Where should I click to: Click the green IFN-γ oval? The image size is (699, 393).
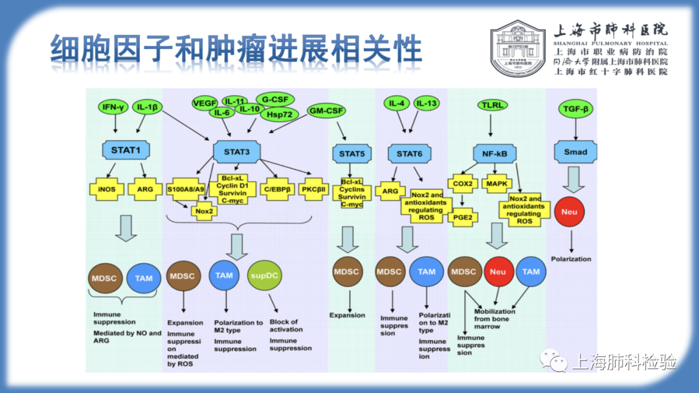coord(113,107)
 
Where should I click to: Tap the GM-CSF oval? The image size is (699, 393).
coord(326,111)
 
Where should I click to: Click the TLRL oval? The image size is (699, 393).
coord(493,105)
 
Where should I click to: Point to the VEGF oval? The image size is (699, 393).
coord(205,103)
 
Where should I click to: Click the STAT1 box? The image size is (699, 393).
coord(126,151)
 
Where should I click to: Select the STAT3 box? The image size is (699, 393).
coord(236,152)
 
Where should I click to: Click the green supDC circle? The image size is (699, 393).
coord(265,275)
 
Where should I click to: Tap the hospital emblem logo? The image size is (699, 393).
coord(516,48)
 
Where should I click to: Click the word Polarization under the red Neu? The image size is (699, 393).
coord(571,259)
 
